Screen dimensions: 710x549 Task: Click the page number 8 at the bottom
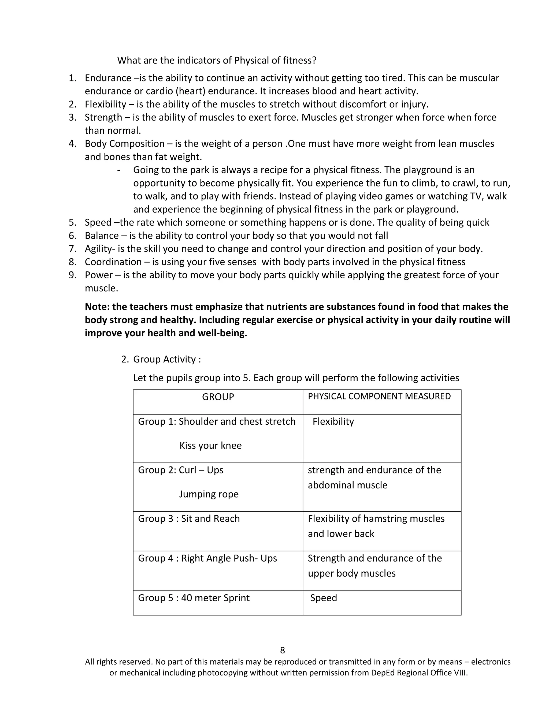pyautogui.click(x=282, y=650)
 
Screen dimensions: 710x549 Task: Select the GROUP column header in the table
pyautogui.click(x=218, y=397)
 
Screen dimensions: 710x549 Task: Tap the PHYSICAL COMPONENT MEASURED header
pyautogui.click(x=379, y=396)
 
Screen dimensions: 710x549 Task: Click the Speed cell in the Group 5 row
pyautogui.click(x=323, y=598)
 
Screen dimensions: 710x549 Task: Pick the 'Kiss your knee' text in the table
pyautogui.click(x=210, y=445)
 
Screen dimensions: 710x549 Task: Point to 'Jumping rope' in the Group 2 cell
pyautogui.click(x=209, y=494)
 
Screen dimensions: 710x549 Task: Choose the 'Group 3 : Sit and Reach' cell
pyautogui.click(x=189, y=518)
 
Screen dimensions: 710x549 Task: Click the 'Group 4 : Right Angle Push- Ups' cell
pyautogui.click(x=207, y=558)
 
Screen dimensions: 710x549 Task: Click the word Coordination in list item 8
pyautogui.click(x=113, y=262)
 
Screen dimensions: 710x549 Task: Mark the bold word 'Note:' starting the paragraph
pyautogui.click(x=97, y=307)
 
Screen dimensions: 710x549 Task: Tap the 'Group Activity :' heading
pyautogui.click(x=167, y=359)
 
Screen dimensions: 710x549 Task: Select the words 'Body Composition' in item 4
pyautogui.click(x=125, y=144)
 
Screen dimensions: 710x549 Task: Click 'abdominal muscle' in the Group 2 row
pyautogui.click(x=347, y=485)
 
